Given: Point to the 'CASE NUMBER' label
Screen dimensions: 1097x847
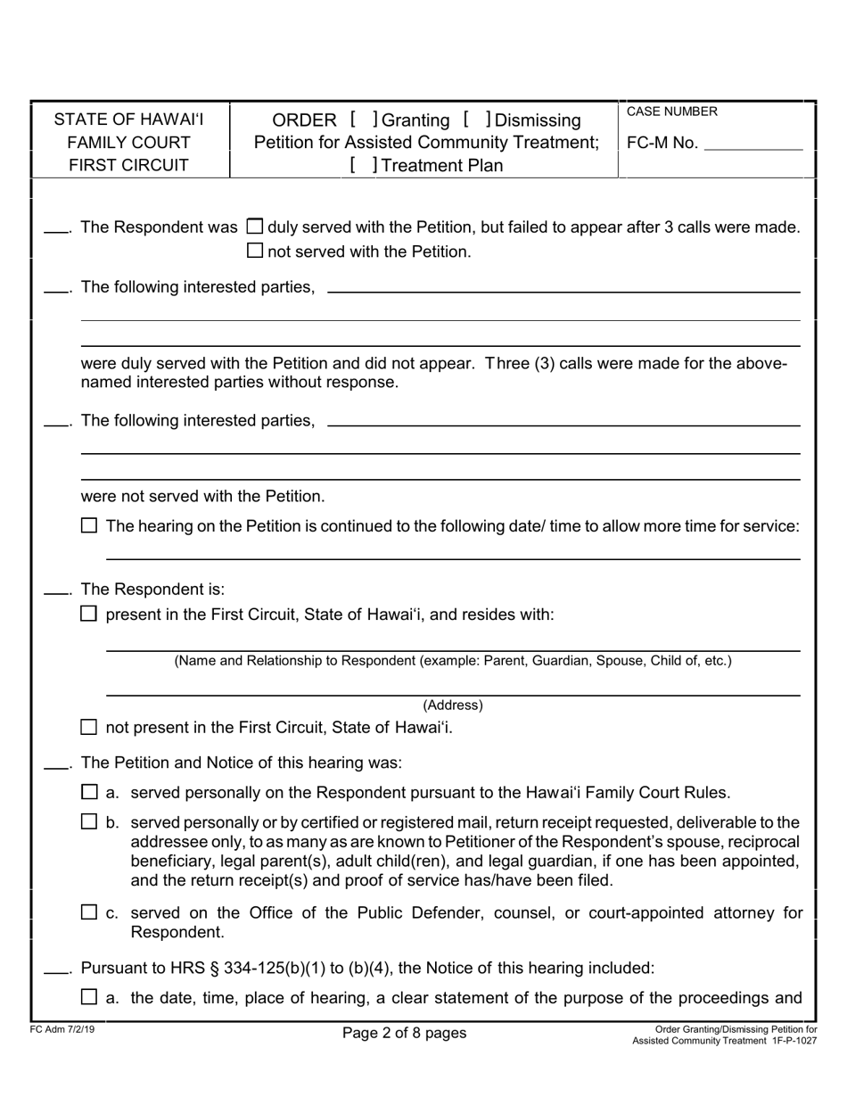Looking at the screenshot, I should [x=671, y=111].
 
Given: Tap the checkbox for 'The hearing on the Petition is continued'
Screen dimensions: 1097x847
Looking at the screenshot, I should [x=89, y=526].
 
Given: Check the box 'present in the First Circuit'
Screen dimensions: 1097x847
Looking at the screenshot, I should [x=89, y=614].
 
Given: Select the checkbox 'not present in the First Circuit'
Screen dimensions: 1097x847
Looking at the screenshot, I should [x=89, y=727].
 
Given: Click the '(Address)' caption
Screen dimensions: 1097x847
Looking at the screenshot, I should [x=453, y=705].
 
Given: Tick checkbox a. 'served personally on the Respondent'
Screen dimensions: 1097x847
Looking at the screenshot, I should [x=89, y=791].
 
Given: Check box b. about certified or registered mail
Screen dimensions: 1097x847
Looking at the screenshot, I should [x=89, y=821].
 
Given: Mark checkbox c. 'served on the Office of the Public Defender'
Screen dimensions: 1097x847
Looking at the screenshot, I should [x=89, y=911].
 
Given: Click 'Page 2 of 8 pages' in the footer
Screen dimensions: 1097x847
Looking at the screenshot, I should [x=404, y=1033].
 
